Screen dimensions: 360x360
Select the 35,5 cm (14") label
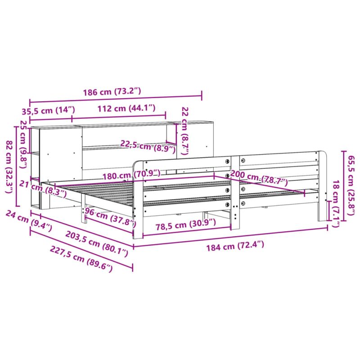tap(48, 110)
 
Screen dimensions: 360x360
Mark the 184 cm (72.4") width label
tap(236, 245)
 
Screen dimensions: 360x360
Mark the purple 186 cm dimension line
tap(115, 100)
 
